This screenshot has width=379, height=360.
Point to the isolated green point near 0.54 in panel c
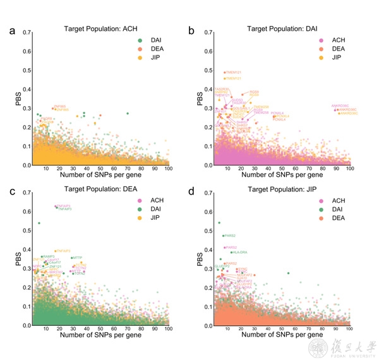pyautogui.click(x=39, y=223)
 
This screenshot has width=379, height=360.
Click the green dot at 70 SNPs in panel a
pyautogui.click(x=128, y=114)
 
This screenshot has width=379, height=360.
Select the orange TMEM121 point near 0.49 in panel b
pyautogui.click(x=224, y=73)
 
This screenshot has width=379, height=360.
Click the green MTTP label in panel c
pyautogui.click(x=77, y=258)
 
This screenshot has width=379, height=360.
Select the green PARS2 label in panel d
pyautogui.click(x=230, y=236)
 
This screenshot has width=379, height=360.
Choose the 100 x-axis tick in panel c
pyautogui.click(x=168, y=330)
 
